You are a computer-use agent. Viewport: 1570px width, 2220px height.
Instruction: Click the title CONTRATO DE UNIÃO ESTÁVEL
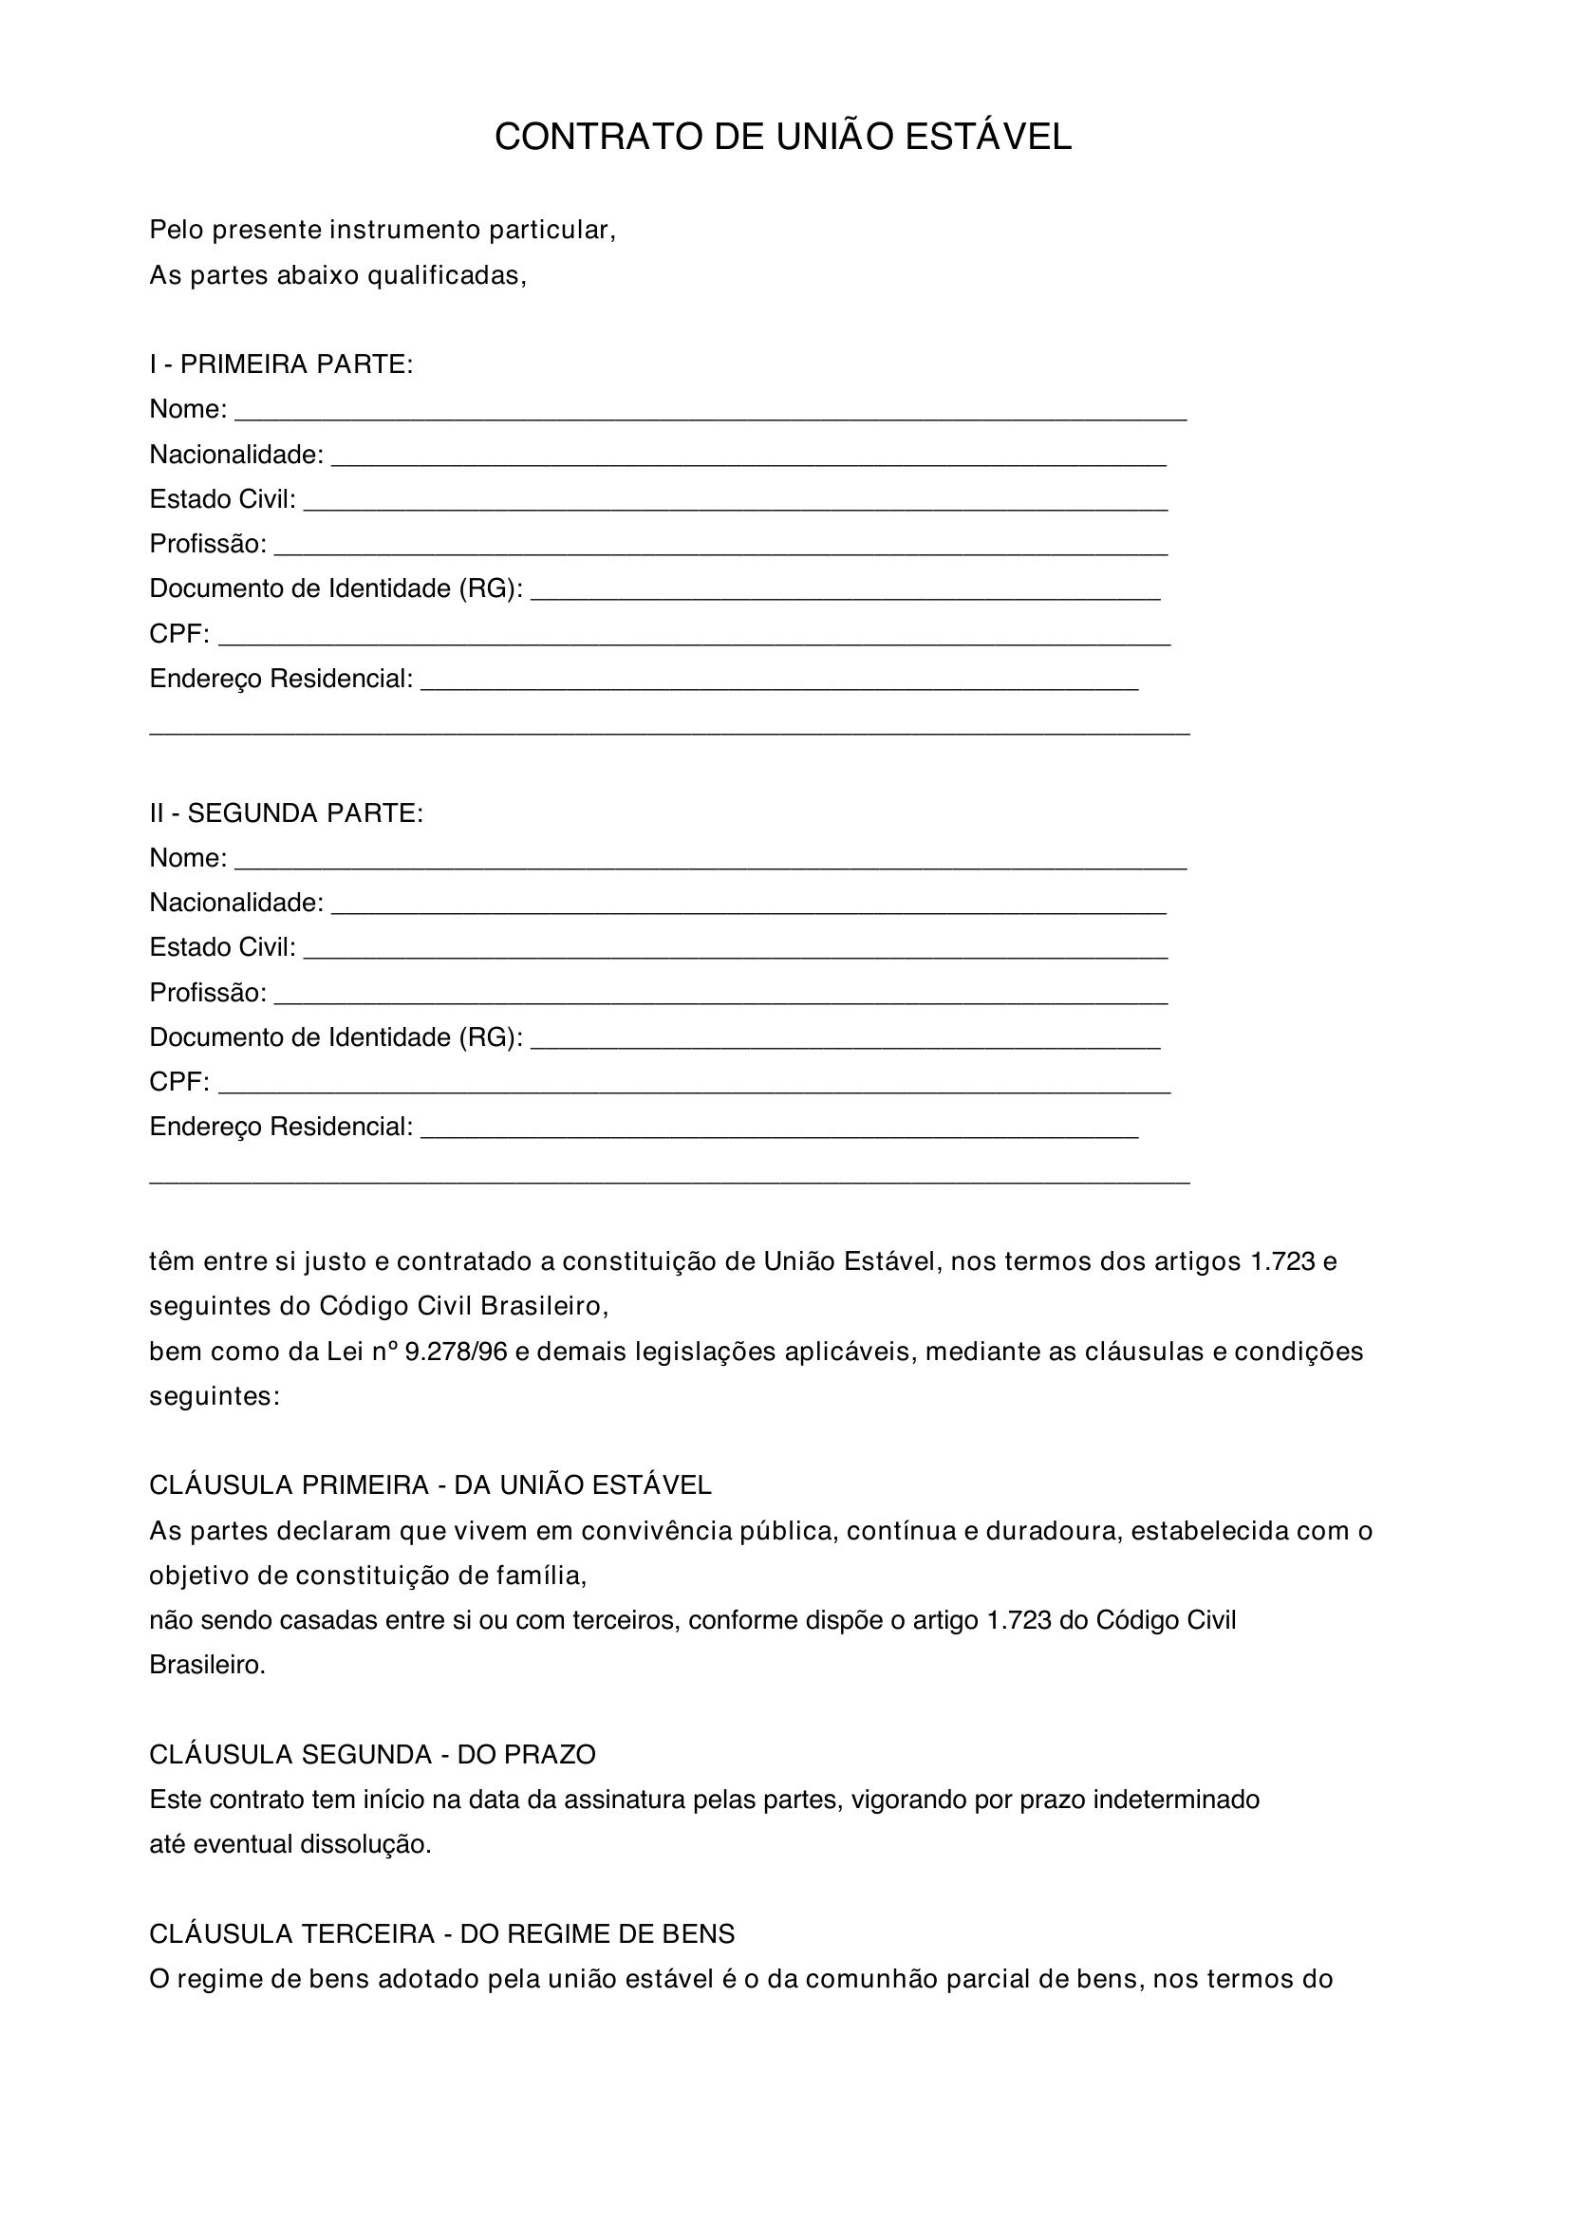[783, 138]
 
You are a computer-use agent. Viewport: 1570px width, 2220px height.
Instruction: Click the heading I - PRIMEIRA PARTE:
[281, 364]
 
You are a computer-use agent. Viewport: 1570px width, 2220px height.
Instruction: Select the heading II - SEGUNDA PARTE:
[286, 813]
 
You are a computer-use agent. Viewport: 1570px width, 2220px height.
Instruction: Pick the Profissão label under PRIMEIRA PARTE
[208, 545]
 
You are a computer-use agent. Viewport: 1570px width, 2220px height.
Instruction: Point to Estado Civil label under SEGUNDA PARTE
[222, 947]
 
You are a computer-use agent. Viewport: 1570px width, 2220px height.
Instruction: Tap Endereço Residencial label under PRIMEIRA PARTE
[281, 679]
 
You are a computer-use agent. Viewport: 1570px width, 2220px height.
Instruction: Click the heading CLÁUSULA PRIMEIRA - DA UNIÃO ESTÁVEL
[430, 1485]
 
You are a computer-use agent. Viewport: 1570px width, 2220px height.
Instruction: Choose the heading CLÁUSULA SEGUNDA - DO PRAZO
[372, 1754]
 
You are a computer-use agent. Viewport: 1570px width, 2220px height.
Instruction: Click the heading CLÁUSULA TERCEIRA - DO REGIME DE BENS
[441, 1933]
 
